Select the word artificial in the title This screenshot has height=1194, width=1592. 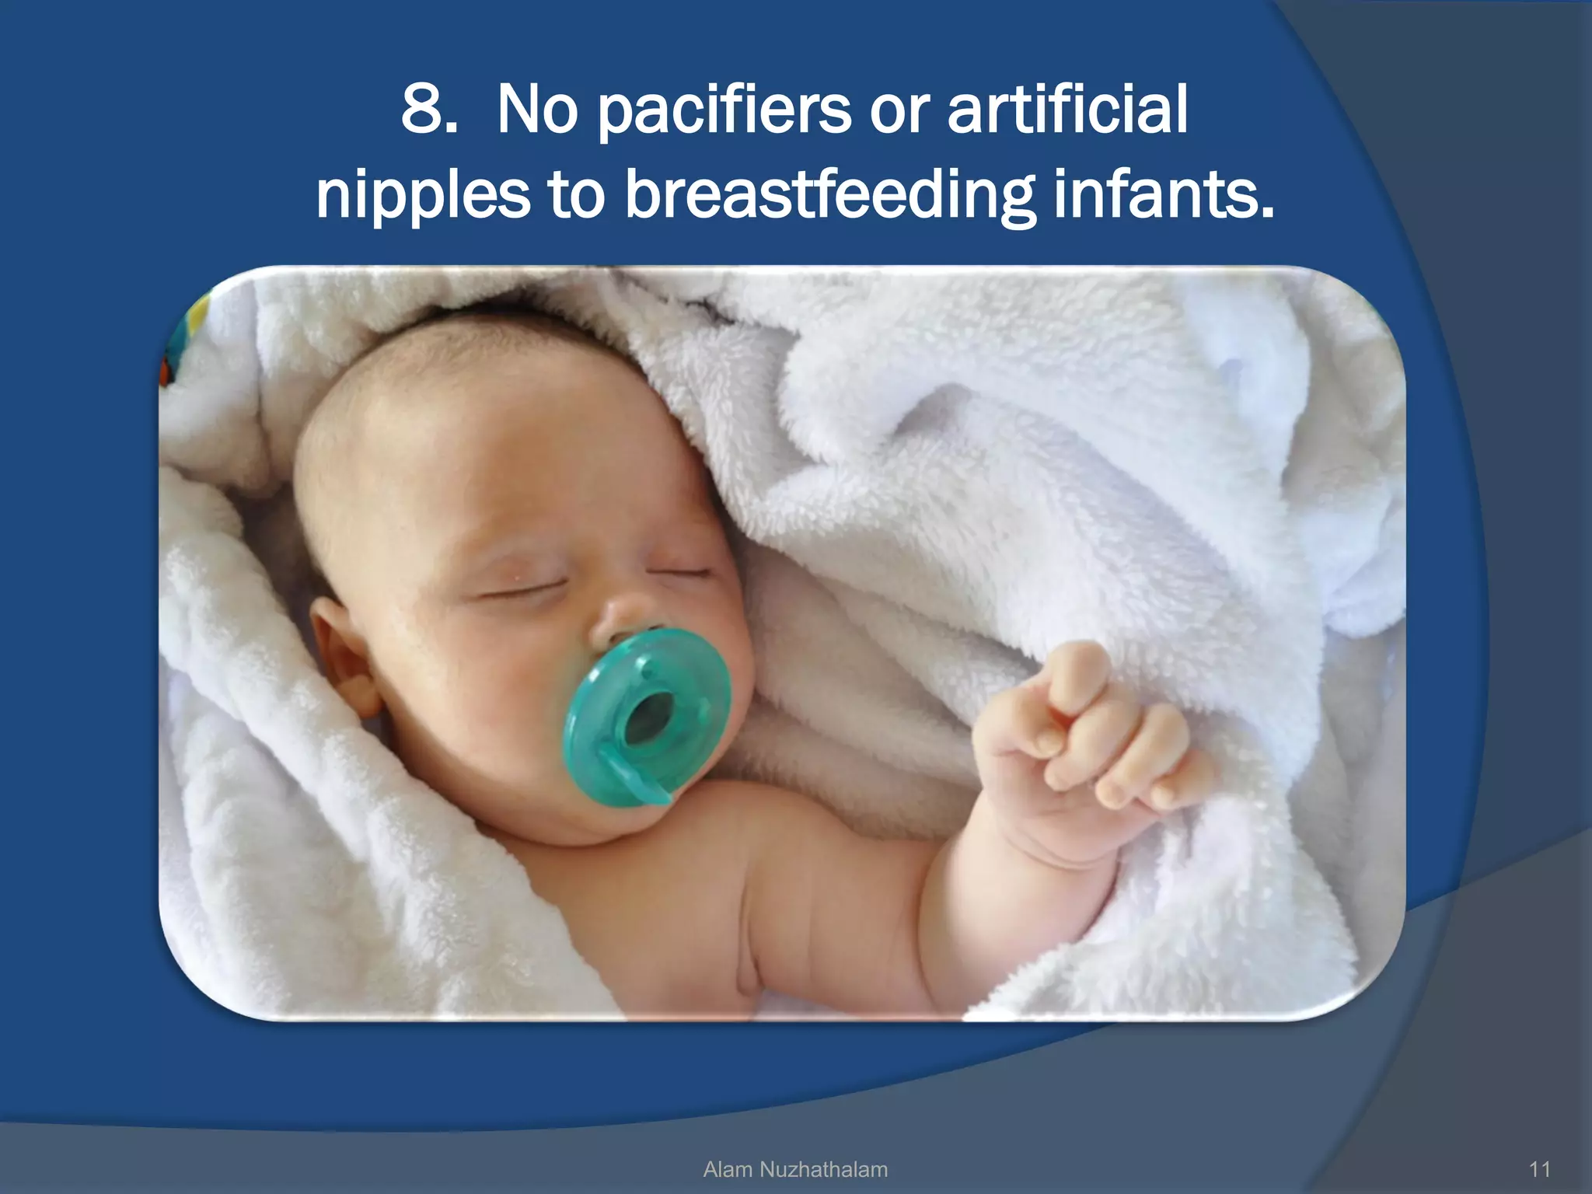tap(1067, 110)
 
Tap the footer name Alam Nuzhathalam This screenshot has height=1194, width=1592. tap(794, 1169)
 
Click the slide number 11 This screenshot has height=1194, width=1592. tap(1539, 1169)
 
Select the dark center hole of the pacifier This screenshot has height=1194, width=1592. tap(651, 714)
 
